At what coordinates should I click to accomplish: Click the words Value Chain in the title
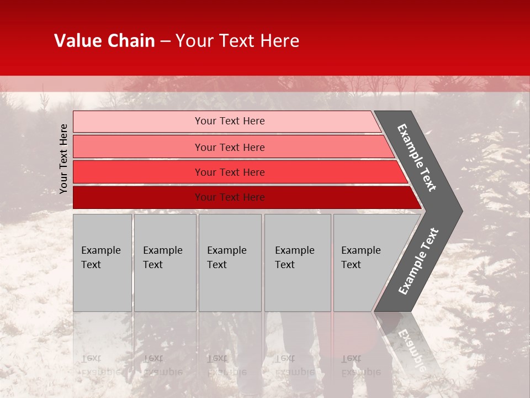pyautogui.click(x=104, y=41)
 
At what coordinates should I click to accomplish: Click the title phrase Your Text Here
pyautogui.click(x=237, y=41)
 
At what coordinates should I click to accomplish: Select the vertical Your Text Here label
pyautogui.click(x=63, y=159)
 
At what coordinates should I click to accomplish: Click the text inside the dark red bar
pyautogui.click(x=230, y=197)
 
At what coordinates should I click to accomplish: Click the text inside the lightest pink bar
pyautogui.click(x=230, y=121)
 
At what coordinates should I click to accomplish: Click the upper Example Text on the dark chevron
pyautogui.click(x=417, y=158)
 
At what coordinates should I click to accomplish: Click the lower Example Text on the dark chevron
pyautogui.click(x=418, y=261)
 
